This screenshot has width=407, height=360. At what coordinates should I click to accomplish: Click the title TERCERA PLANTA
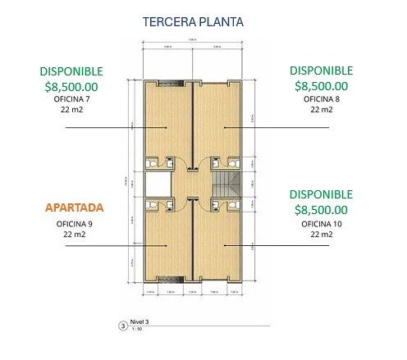pos(192,21)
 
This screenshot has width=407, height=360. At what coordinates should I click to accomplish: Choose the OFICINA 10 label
pos(321,223)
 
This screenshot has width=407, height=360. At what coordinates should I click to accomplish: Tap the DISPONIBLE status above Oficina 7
pos(72,71)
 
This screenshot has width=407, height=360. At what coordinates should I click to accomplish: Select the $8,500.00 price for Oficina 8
pos(321,84)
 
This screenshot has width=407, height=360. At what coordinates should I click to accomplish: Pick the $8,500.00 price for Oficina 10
pos(321,209)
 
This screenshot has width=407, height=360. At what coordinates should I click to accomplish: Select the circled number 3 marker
pos(123,325)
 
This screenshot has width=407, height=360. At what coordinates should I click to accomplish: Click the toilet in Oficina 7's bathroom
pos(151,162)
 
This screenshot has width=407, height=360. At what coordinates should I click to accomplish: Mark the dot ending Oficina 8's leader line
pos(225,128)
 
